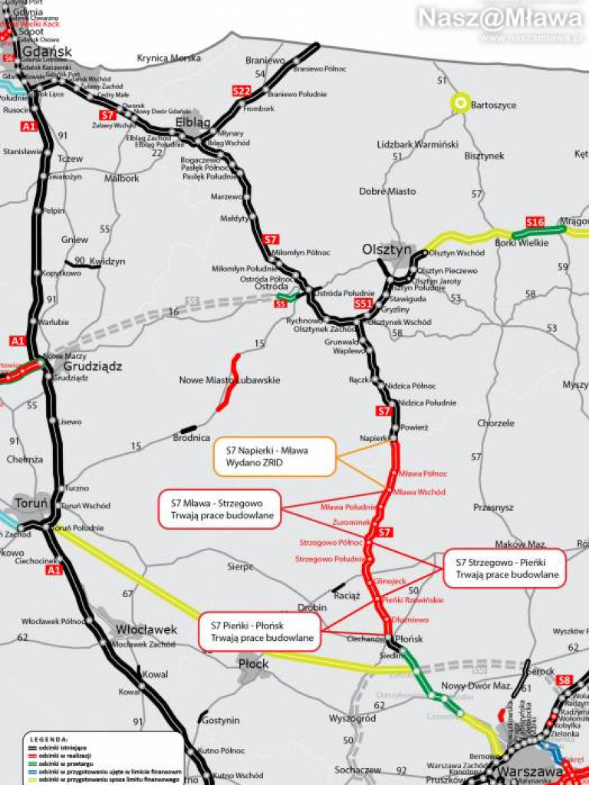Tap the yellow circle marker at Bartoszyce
tap(460, 103)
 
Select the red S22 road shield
tap(242, 91)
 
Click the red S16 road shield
tap(535, 222)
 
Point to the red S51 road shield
tap(364, 304)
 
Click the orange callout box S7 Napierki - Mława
tap(274, 457)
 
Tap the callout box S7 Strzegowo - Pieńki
tap(504, 568)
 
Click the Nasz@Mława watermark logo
tap(499, 17)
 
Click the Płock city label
tap(254, 663)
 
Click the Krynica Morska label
tap(169, 57)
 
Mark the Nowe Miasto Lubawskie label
tap(229, 380)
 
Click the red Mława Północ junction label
tap(423, 474)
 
